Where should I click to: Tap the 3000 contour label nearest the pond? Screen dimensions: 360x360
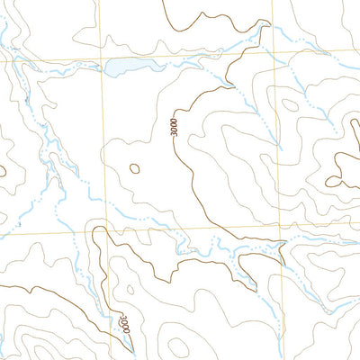pyautogui.click(x=173, y=126)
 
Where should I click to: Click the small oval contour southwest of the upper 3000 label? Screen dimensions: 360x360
pyautogui.click(x=135, y=168)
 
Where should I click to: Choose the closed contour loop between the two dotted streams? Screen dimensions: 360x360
pyautogui.click(x=289, y=104)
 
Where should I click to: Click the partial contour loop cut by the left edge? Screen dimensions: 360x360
pyautogui.click(x=3, y=168)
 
